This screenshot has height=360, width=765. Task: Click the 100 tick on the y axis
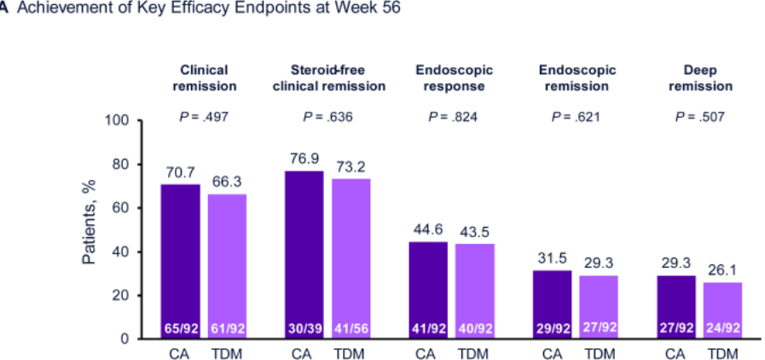[x=116, y=121]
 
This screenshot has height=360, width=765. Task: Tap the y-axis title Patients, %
[x=89, y=222]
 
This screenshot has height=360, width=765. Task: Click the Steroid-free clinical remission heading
[x=328, y=78]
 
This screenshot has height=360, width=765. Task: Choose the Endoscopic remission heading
[x=577, y=78]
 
